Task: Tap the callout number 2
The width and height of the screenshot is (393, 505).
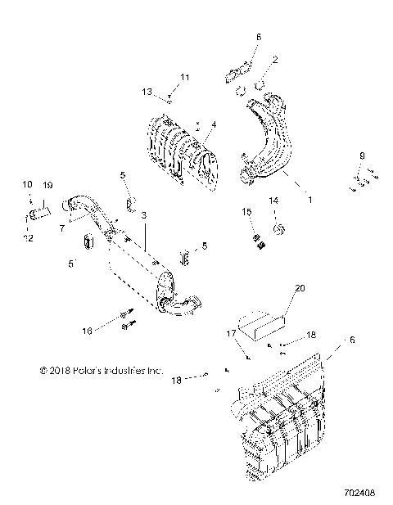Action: (x=274, y=59)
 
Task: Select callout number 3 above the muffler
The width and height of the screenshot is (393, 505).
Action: (x=144, y=214)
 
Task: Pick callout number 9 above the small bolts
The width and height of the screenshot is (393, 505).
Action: (x=361, y=156)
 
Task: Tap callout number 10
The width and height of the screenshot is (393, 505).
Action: (x=25, y=185)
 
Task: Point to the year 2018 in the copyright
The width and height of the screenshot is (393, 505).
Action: (x=60, y=370)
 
